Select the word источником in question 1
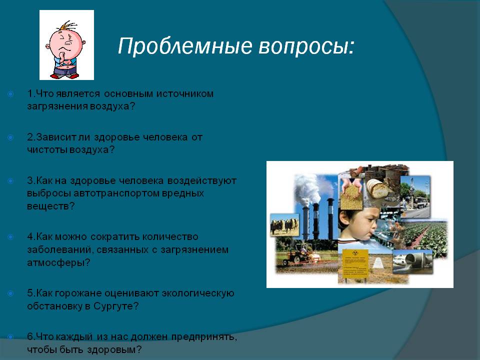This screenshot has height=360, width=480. click(185, 93)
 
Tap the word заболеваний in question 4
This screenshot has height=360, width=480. click(59, 250)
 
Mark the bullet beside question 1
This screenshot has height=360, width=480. click(10, 93)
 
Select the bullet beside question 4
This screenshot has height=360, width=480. click(10, 237)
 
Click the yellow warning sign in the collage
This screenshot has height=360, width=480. click(355, 263)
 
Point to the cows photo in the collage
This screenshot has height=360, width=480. click(284, 225)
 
